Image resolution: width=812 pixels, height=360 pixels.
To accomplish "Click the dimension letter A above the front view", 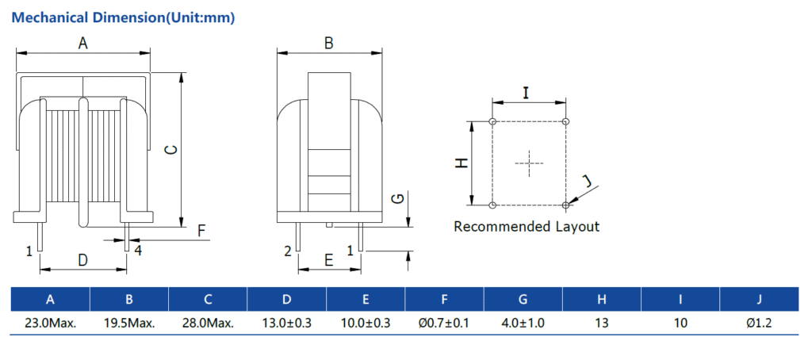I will tap(82, 44).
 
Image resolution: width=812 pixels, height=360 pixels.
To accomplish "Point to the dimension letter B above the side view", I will tap(328, 44).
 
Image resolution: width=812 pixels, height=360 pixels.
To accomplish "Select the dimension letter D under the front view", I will tap(82, 259).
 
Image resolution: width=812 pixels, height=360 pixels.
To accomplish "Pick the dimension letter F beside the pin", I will tap(201, 231).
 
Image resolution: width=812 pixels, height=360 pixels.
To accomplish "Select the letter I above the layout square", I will tap(527, 93).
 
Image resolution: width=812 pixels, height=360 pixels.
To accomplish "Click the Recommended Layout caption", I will tap(527, 227).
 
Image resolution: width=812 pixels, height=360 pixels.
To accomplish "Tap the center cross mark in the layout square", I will tap(529, 163).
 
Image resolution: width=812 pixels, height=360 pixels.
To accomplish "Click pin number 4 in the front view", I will tap(137, 251).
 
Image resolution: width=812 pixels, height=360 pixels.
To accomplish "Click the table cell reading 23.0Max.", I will tap(50, 324).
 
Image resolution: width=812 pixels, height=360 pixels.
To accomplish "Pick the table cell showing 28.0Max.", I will tap(208, 324).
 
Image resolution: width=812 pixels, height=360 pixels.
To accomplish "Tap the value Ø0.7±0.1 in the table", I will tap(444, 324).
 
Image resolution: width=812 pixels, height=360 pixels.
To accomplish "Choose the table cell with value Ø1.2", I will tap(759, 324).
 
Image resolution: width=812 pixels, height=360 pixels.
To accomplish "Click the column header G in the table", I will tap(523, 299).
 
